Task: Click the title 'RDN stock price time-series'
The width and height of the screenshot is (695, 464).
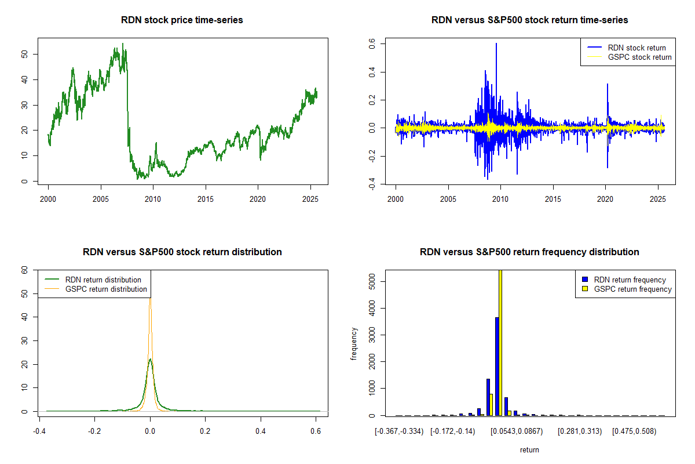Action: click(x=182, y=20)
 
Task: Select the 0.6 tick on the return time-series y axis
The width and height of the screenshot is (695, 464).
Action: click(x=373, y=43)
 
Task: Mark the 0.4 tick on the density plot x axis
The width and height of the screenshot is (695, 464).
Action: click(x=261, y=432)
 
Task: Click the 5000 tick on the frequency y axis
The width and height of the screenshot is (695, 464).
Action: click(x=373, y=282)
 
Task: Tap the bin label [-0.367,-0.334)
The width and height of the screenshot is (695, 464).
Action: click(x=400, y=432)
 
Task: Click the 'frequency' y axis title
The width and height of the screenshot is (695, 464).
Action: click(x=354, y=343)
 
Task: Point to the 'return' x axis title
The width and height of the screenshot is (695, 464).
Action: click(x=529, y=449)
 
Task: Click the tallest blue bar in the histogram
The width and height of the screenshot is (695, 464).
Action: click(x=497, y=366)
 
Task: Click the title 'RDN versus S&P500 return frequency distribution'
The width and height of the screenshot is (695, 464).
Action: click(x=529, y=252)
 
